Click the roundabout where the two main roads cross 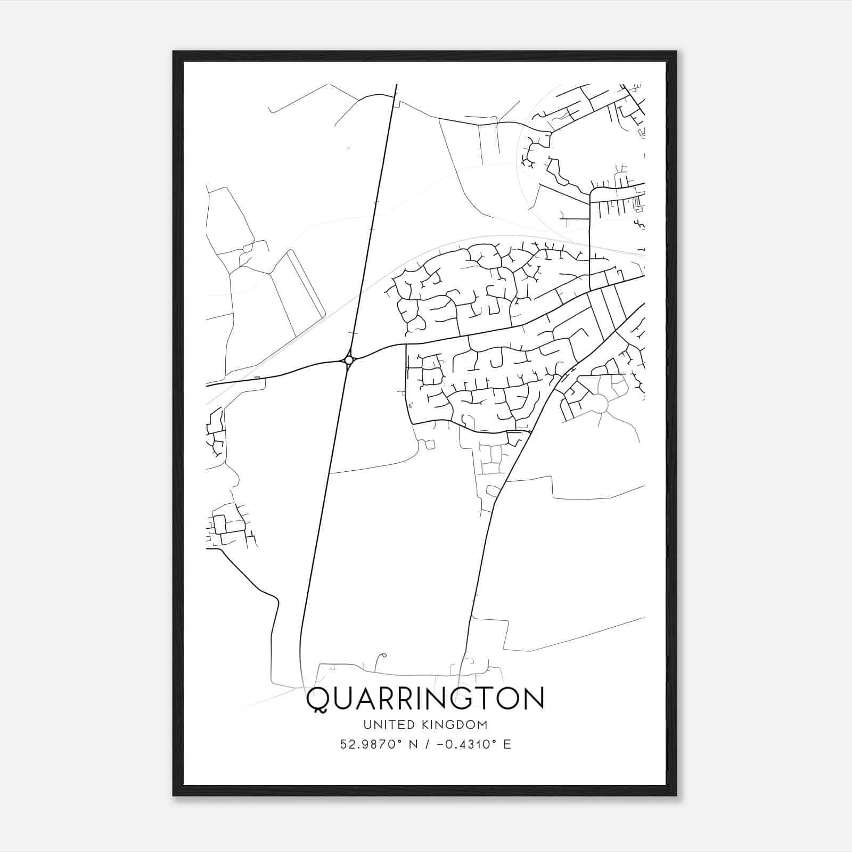[349, 361]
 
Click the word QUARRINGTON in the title [425, 699]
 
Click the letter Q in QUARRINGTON [318, 699]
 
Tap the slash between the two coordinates [425, 744]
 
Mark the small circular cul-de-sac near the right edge [601, 404]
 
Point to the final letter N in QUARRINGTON [532, 699]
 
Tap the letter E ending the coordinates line [507, 744]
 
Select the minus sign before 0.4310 [440, 744]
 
